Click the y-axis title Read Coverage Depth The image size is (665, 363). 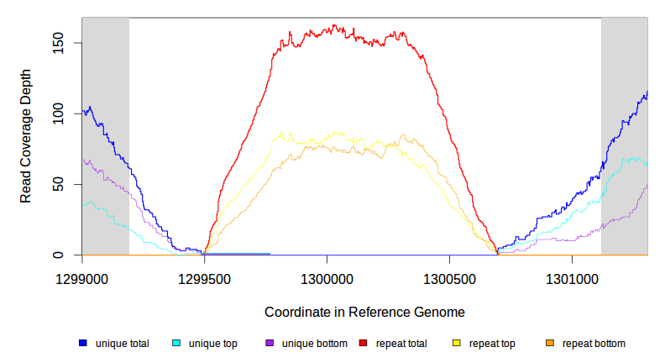(26, 136)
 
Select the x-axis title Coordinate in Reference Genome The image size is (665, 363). (364, 312)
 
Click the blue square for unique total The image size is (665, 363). (83, 344)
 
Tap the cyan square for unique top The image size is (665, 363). (176, 344)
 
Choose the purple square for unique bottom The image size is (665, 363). (270, 344)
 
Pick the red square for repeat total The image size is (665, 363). (363, 344)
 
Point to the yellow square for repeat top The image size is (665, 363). (456, 344)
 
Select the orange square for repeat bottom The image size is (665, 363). (549, 344)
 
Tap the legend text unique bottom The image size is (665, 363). (314, 344)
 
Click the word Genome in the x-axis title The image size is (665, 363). (439, 312)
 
